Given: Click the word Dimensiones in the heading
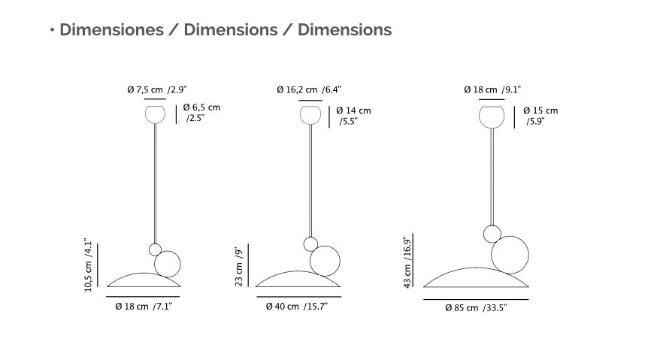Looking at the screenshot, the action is (x=111, y=30).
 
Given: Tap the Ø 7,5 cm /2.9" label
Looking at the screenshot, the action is (x=157, y=89).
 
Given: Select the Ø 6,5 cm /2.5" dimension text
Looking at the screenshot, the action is (x=201, y=113).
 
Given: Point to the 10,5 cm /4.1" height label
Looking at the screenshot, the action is (x=88, y=265).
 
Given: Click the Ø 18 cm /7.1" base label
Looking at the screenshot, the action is (x=144, y=306).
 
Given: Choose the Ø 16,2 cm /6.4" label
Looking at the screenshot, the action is (x=309, y=89).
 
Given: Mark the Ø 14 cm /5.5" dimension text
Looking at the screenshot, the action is (x=354, y=116).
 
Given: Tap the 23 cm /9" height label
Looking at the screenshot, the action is (x=239, y=266).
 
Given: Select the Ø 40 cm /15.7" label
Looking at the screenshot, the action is (x=296, y=306).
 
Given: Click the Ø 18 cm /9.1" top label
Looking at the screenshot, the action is (x=492, y=89).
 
